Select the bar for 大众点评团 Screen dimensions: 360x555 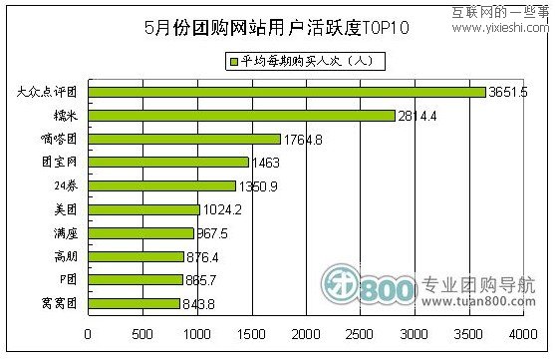pyautogui.click(x=286, y=92)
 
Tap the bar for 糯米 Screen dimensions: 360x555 pyautogui.click(x=241, y=116)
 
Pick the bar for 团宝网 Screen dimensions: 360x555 pyautogui.click(x=167, y=162)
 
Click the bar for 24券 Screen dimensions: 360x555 pyautogui.click(x=161, y=185)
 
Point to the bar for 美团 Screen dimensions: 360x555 pyautogui.click(x=143, y=209)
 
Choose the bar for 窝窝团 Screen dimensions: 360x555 pyautogui.click(x=134, y=303)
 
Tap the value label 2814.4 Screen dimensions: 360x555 pyautogui.click(x=417, y=116)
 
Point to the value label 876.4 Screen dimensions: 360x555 pyautogui.click(x=205, y=256)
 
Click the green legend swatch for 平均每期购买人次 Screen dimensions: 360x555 pyautogui.click(x=233, y=62)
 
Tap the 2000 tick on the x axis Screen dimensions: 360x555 pyautogui.click(x=306, y=332)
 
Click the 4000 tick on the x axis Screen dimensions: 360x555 pyautogui.click(x=523, y=332)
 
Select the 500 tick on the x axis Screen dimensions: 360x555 pyautogui.click(x=142, y=332)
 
